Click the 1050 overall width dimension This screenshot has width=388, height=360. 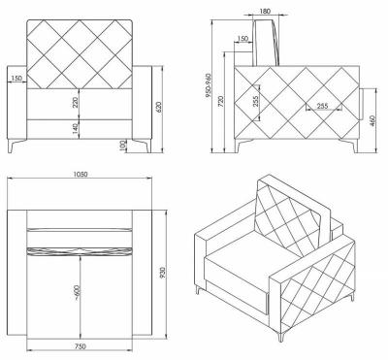pos(81,174)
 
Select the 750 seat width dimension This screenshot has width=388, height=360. pos(80,346)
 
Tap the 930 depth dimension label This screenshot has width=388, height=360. pos(162,273)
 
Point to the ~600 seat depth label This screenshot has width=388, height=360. pos(77,292)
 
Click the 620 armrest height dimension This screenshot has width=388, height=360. pos(158,108)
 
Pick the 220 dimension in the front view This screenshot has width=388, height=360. pos(76,104)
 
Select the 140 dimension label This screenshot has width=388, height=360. pos(76,129)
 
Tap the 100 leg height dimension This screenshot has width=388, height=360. pos(122,147)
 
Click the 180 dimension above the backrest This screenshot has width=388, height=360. pos(265,12)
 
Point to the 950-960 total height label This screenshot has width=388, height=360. pos(208,85)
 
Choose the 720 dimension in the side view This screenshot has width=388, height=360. pos(221,102)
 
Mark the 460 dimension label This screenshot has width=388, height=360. pos(372,120)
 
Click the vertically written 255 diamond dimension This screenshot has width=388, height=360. pos(255,102)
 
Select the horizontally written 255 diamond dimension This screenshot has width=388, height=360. pos(322,106)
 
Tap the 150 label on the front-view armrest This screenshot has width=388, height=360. pos(16,79)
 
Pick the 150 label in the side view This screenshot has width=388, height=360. pos(242,39)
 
